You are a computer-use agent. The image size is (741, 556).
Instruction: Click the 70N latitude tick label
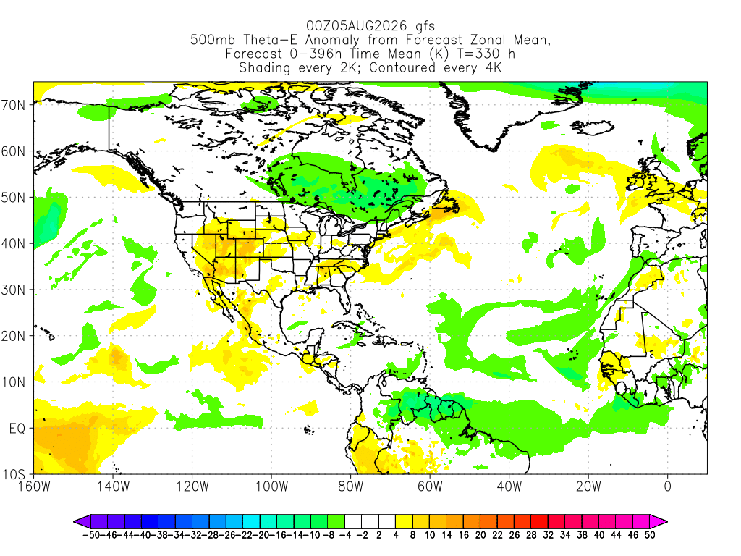click(x=13, y=105)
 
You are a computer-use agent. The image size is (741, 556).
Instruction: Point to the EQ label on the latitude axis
click(x=17, y=429)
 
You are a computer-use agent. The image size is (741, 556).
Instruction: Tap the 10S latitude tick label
click(x=13, y=474)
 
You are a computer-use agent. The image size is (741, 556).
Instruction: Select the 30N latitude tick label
click(x=13, y=290)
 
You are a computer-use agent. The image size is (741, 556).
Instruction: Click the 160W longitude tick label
click(x=34, y=486)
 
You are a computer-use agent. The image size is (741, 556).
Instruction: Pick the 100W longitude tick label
click(x=272, y=486)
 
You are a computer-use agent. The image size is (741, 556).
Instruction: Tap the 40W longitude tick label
click(x=509, y=486)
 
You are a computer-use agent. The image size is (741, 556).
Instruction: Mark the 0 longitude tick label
click(x=667, y=486)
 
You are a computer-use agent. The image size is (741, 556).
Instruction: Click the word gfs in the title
click(x=425, y=27)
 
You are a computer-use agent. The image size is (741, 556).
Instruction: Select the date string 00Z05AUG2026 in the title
click(x=357, y=25)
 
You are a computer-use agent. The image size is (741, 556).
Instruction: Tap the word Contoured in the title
click(x=402, y=67)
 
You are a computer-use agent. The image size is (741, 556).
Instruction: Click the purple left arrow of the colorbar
click(x=82, y=522)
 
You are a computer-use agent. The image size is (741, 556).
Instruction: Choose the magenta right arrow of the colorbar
click(x=659, y=522)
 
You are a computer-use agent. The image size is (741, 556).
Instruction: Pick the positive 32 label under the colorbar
click(x=549, y=535)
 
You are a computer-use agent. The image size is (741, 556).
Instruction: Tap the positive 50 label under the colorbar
click(x=650, y=535)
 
